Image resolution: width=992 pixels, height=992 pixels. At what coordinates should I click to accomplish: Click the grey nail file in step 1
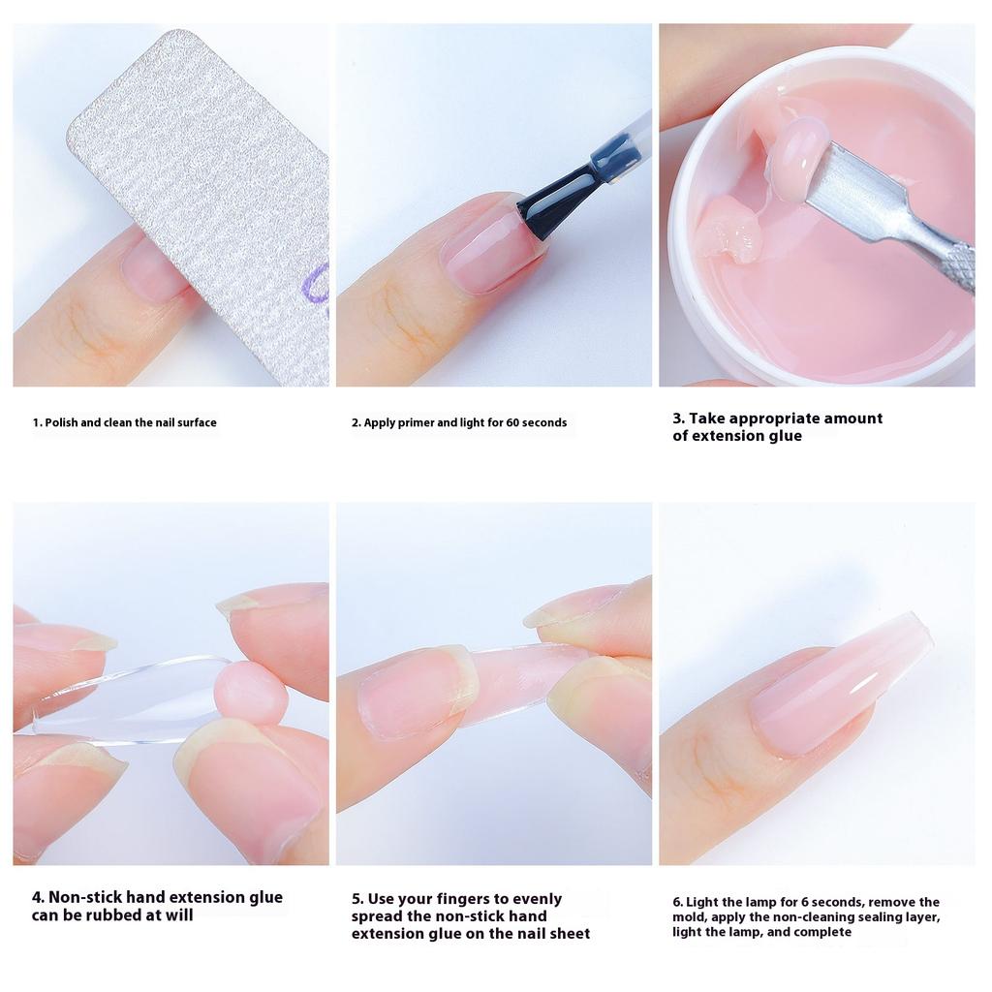click(x=213, y=184)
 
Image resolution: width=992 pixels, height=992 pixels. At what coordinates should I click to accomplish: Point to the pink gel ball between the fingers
click(x=250, y=692)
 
